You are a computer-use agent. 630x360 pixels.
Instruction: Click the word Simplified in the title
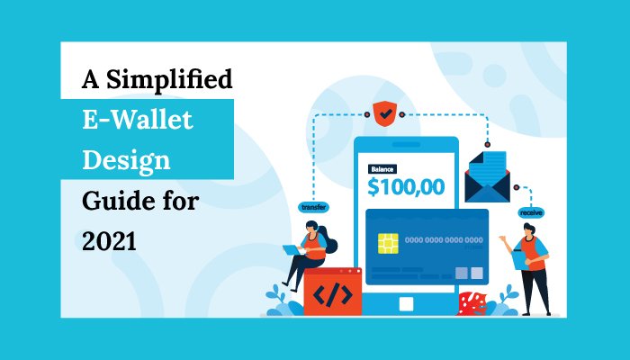[x=169, y=80]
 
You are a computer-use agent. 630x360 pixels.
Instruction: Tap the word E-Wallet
[x=138, y=120]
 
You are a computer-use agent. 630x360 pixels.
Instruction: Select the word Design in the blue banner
[x=127, y=161]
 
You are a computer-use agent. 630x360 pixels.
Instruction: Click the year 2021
[x=109, y=242]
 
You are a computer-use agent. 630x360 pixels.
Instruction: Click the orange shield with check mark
[x=385, y=113]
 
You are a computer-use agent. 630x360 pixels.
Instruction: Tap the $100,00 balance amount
[x=406, y=187]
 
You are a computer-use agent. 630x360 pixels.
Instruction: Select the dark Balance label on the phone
[x=382, y=169]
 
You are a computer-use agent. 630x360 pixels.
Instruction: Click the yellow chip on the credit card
[x=388, y=244]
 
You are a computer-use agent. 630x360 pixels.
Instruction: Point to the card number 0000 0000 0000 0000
[x=444, y=240]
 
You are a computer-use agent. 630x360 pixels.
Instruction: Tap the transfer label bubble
[x=314, y=207]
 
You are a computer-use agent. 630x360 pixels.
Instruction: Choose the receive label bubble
[x=531, y=213]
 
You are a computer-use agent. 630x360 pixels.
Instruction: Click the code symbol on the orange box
[x=333, y=294]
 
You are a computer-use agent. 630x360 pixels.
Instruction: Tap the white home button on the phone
[x=406, y=304]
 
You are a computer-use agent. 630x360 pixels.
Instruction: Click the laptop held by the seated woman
[x=292, y=250]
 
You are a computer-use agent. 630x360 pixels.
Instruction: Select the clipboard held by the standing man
[x=519, y=259]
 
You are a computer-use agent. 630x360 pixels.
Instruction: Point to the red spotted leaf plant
[x=472, y=303]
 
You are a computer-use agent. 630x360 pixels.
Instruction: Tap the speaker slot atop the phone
[x=406, y=145]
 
